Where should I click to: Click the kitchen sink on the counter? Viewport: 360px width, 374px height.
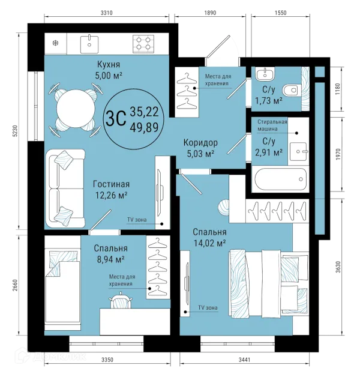(89, 44)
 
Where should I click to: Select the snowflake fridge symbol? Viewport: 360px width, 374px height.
(56, 43)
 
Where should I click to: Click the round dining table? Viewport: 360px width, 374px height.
(76, 108)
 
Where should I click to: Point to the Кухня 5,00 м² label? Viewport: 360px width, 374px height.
(109, 70)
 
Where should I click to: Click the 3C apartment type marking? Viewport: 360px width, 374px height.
(116, 118)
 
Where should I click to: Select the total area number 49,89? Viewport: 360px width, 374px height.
(144, 127)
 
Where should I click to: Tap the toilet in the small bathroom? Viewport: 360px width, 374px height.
(292, 91)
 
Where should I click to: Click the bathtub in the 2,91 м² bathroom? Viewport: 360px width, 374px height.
(280, 179)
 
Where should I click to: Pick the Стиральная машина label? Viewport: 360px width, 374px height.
(272, 125)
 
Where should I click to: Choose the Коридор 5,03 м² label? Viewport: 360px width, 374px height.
(200, 148)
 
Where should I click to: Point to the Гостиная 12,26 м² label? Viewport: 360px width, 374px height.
(112, 190)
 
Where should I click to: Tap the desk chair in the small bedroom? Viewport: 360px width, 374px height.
(121, 300)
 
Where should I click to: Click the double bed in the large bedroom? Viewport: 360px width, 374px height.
(268, 284)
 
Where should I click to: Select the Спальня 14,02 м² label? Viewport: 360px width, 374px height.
(209, 238)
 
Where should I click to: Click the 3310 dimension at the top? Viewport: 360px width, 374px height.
(106, 13)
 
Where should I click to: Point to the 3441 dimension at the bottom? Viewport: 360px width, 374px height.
(245, 360)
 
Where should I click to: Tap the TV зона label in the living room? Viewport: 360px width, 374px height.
(137, 220)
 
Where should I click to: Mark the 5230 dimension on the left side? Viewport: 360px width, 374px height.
(16, 131)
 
